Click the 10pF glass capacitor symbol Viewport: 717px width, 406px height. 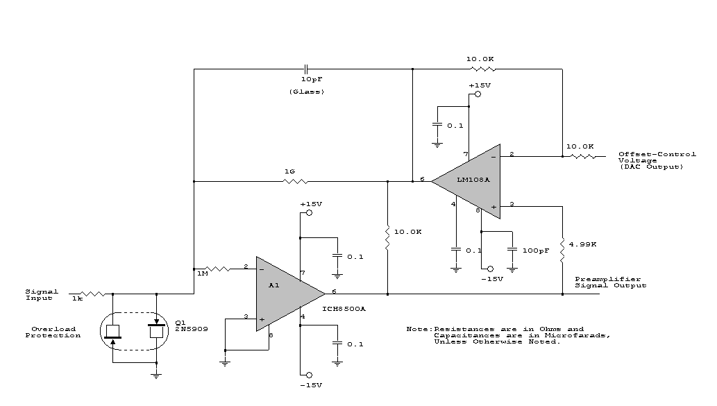(x=305, y=69)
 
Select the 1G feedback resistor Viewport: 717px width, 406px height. (x=294, y=182)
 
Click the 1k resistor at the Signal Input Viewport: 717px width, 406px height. (x=90, y=294)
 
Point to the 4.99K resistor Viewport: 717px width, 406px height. (x=562, y=246)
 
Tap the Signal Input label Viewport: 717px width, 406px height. (x=42, y=294)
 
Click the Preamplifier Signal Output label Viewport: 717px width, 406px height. (x=610, y=282)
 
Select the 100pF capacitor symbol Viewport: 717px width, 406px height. (x=512, y=249)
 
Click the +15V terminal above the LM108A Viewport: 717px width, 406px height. (x=478, y=93)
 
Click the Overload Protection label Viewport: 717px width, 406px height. (x=53, y=332)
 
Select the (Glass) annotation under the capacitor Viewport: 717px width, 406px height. (x=306, y=92)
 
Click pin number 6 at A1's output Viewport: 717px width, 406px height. (x=334, y=292)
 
